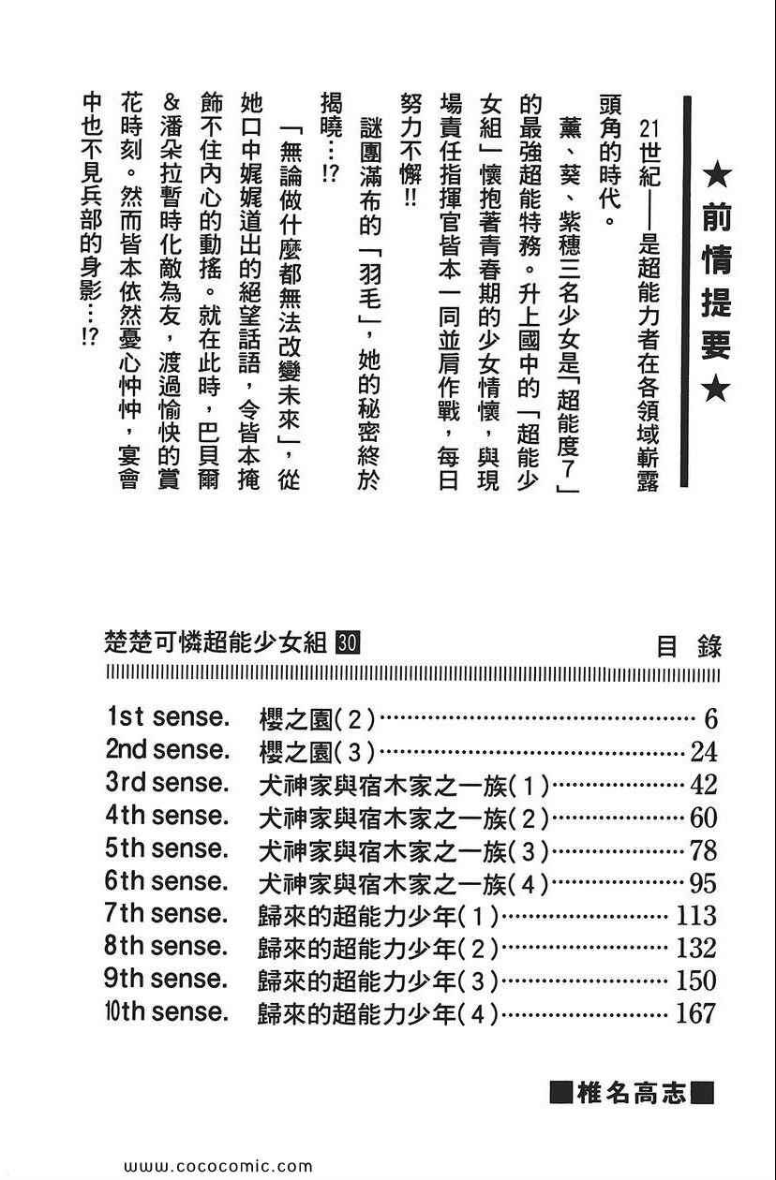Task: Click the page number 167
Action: [694, 1012]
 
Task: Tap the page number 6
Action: [709, 719]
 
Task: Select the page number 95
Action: [702, 883]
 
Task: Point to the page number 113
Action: [694, 915]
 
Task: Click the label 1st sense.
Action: [167, 718]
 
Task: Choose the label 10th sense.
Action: [167, 1012]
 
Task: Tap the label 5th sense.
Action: [167, 849]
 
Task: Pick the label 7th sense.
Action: [167, 914]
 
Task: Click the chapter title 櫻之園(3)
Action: [316, 752]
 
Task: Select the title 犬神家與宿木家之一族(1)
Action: [403, 785]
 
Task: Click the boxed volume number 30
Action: [346, 642]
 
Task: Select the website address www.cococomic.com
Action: [217, 1167]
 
